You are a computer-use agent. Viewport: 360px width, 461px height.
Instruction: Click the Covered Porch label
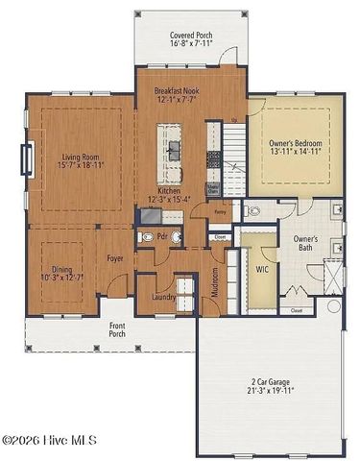pos(191,36)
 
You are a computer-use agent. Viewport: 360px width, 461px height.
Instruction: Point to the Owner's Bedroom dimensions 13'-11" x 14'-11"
pos(296,152)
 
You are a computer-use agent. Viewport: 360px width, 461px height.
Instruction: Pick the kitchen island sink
pos(176,147)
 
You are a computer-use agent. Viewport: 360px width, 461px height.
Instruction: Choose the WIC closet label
pos(261,270)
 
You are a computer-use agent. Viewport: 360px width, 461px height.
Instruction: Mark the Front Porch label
pos(116,330)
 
